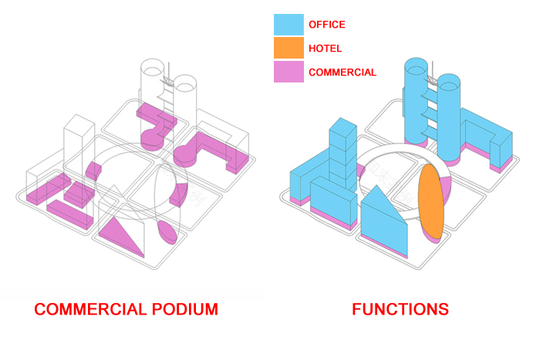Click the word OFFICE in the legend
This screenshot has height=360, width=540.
(x=326, y=25)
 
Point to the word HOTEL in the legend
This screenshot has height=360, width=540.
(x=325, y=49)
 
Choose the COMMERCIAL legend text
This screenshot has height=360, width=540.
(x=342, y=72)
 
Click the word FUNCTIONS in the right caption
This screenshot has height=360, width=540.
(x=400, y=310)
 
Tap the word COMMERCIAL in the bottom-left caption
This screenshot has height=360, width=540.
(x=89, y=310)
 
